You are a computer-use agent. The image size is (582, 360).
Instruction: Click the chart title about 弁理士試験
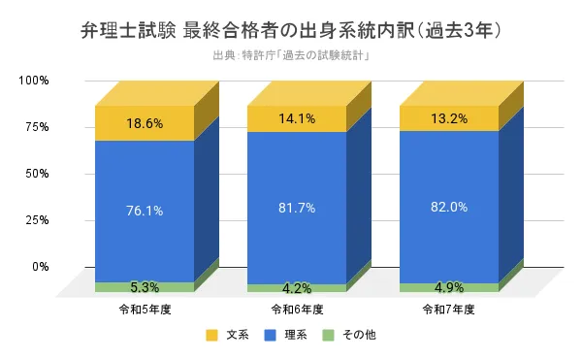click(x=291, y=30)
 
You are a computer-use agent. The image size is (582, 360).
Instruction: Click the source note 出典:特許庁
click(x=291, y=55)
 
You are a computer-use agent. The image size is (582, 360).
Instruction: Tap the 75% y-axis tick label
click(x=37, y=126)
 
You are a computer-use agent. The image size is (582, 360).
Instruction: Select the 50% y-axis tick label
click(x=37, y=173)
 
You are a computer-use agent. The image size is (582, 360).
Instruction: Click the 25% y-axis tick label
click(x=37, y=219)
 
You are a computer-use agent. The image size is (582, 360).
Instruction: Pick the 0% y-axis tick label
click(x=40, y=266)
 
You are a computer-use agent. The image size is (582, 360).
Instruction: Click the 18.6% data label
click(x=144, y=123)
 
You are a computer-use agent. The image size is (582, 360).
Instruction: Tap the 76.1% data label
click(x=144, y=211)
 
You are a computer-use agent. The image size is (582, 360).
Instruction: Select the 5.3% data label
click(x=144, y=287)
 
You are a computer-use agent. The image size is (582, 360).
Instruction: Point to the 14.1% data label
click(x=296, y=120)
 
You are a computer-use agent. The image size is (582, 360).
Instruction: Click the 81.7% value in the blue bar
click(x=296, y=208)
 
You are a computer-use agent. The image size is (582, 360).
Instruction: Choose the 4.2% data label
click(x=296, y=288)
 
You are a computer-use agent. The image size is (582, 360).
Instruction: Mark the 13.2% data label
click(x=449, y=119)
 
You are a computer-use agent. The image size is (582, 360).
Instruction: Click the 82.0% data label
click(x=449, y=207)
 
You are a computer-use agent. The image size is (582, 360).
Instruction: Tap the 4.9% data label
click(x=449, y=287)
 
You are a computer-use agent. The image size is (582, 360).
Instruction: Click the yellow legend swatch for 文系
click(x=211, y=336)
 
